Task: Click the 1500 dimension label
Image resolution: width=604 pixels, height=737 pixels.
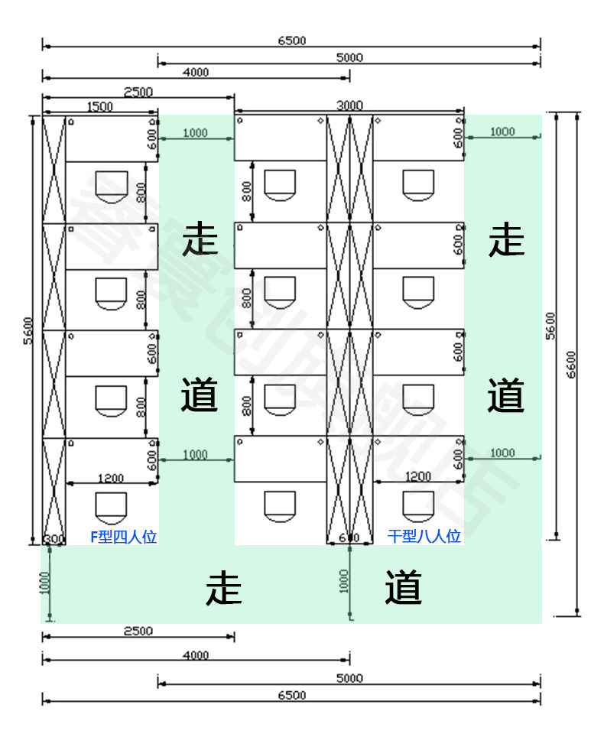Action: [99, 107]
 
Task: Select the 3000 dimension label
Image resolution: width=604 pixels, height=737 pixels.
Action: [349, 106]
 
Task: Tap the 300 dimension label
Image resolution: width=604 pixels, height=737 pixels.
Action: [54, 538]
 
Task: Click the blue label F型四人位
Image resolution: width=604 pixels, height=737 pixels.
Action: [124, 537]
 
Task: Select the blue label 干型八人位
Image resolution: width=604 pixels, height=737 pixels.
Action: [424, 537]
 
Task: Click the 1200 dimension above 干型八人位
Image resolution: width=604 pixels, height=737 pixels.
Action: [417, 476]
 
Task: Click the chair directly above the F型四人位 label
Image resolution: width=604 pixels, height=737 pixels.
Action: [110, 505]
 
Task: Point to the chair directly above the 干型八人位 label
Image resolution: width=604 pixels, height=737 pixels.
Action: [418, 505]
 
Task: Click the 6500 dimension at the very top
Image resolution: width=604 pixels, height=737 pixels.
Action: [291, 41]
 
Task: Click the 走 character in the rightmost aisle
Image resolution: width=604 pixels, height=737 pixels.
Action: [506, 240]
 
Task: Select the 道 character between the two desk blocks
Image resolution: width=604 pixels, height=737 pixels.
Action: [200, 396]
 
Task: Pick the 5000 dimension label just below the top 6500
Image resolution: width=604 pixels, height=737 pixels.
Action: [349, 57]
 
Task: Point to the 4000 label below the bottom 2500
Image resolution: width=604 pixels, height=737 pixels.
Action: [196, 655]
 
